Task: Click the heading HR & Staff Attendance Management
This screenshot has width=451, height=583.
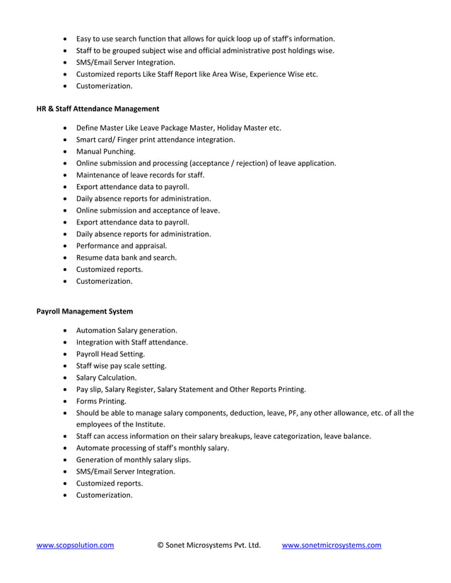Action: point(98,109)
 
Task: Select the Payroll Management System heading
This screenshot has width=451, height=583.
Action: point(84,311)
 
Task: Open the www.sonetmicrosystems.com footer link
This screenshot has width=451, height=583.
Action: point(332,545)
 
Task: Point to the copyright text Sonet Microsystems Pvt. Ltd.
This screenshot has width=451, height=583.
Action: point(209,545)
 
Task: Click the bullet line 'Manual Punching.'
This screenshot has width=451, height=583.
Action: point(106,151)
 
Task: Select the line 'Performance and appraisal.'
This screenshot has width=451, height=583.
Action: point(122,246)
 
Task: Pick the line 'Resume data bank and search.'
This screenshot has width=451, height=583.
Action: point(127,258)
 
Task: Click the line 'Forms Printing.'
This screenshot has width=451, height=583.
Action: point(101,401)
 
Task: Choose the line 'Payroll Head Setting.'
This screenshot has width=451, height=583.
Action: point(110,354)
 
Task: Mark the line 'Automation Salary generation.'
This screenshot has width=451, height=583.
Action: point(127,330)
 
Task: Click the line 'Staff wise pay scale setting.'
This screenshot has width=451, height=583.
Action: point(122,366)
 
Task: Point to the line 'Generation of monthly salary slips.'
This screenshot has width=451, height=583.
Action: point(134,459)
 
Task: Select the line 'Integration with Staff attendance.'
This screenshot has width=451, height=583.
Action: point(131,342)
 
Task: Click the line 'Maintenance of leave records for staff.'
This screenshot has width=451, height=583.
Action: point(140,175)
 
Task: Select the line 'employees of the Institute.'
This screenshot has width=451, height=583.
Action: point(120,424)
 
